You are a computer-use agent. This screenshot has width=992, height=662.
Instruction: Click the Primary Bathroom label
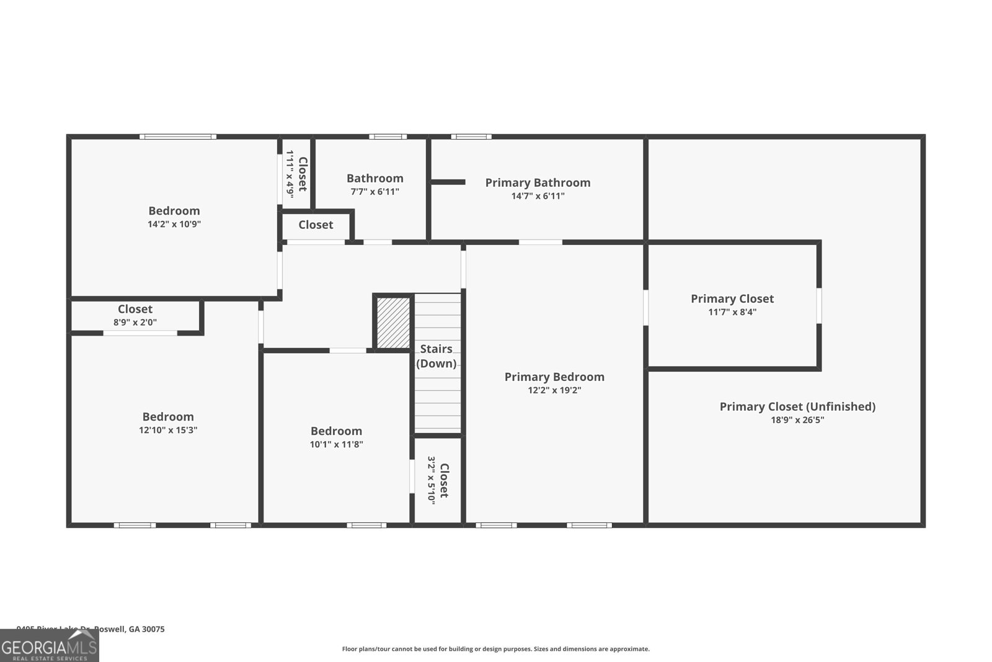pyautogui.click(x=538, y=182)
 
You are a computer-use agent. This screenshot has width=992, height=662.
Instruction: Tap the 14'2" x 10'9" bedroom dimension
pyautogui.click(x=174, y=225)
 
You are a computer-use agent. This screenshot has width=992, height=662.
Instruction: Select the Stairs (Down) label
pyautogui.click(x=436, y=356)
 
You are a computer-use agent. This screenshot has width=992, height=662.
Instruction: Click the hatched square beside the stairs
pyautogui.click(x=394, y=323)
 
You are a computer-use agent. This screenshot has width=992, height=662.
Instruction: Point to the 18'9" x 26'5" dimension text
pyautogui.click(x=797, y=420)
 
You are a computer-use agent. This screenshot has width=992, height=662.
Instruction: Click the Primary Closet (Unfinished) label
pyautogui.click(x=797, y=406)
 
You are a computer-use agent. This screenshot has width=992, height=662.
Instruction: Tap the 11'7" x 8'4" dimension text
pyautogui.click(x=732, y=312)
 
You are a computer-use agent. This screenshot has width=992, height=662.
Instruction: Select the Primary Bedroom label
pyautogui.click(x=554, y=377)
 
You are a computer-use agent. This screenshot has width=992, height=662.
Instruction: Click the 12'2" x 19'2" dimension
pyautogui.click(x=554, y=390)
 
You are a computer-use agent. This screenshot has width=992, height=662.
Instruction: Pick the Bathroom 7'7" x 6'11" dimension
pyautogui.click(x=375, y=192)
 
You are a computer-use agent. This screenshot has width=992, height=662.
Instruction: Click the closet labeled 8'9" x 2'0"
pyautogui.click(x=135, y=315)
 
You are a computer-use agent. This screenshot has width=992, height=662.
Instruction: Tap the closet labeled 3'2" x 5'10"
pyautogui.click(x=438, y=480)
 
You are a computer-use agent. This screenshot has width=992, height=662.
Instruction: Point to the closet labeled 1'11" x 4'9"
pyautogui.click(x=296, y=174)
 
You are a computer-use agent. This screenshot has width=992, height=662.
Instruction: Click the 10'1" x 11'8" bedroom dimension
pyautogui.click(x=336, y=444)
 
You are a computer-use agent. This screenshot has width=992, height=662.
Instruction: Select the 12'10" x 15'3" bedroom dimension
pyautogui.click(x=168, y=430)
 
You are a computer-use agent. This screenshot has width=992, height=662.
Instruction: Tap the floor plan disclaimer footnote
pyautogui.click(x=495, y=649)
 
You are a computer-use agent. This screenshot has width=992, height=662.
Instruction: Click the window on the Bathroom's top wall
pyautogui.click(x=388, y=136)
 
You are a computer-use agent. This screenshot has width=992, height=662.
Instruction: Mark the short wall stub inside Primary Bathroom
pyautogui.click(x=448, y=182)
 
